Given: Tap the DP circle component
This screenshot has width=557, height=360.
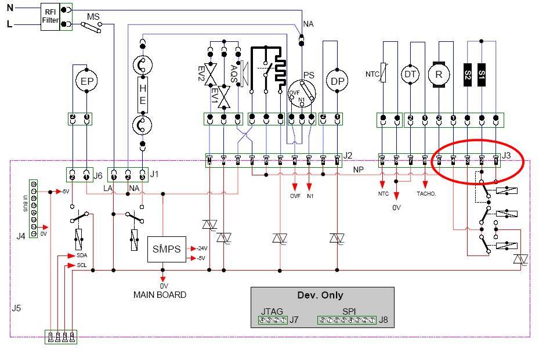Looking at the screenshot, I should click(337, 81).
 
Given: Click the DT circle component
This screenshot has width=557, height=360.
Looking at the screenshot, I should click(411, 74).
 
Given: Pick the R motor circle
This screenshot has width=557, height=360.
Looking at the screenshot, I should click(439, 74).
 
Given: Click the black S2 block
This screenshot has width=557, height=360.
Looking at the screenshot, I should click(468, 74).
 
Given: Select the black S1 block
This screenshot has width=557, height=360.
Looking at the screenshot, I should click(482, 74).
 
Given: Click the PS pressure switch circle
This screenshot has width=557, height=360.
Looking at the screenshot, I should click(303, 91).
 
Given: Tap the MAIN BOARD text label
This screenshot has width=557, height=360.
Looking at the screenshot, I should click(160, 295).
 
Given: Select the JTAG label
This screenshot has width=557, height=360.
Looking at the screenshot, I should click(272, 311).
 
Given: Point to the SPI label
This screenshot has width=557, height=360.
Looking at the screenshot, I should click(349, 311).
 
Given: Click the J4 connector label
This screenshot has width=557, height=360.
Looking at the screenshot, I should click(21, 236).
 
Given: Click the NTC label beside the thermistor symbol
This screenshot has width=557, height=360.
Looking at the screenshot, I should click(372, 74).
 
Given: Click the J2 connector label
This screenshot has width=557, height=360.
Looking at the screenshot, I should click(348, 156).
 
